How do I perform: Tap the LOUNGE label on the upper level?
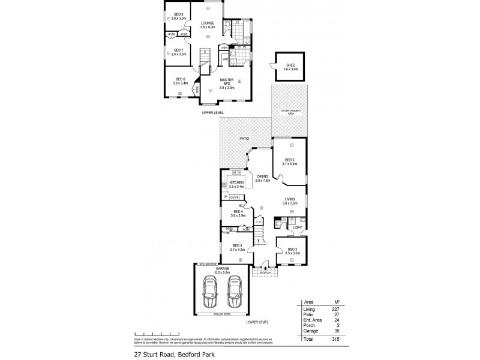pyautogui.click(x=208, y=25)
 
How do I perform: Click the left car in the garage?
pyautogui.click(x=211, y=292)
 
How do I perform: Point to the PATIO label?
pyautogui.click(x=245, y=139)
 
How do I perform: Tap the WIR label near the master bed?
pyautogui.click(x=226, y=59)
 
